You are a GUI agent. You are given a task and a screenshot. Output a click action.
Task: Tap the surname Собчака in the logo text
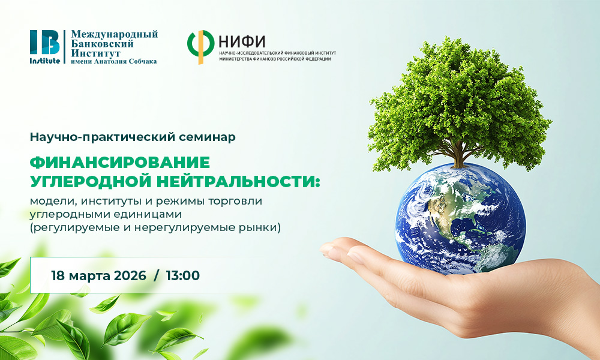pos(140,61)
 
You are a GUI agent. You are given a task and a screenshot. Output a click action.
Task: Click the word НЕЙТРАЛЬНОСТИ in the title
pos(242,181)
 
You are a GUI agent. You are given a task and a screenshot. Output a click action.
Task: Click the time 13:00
pos(183,276)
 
